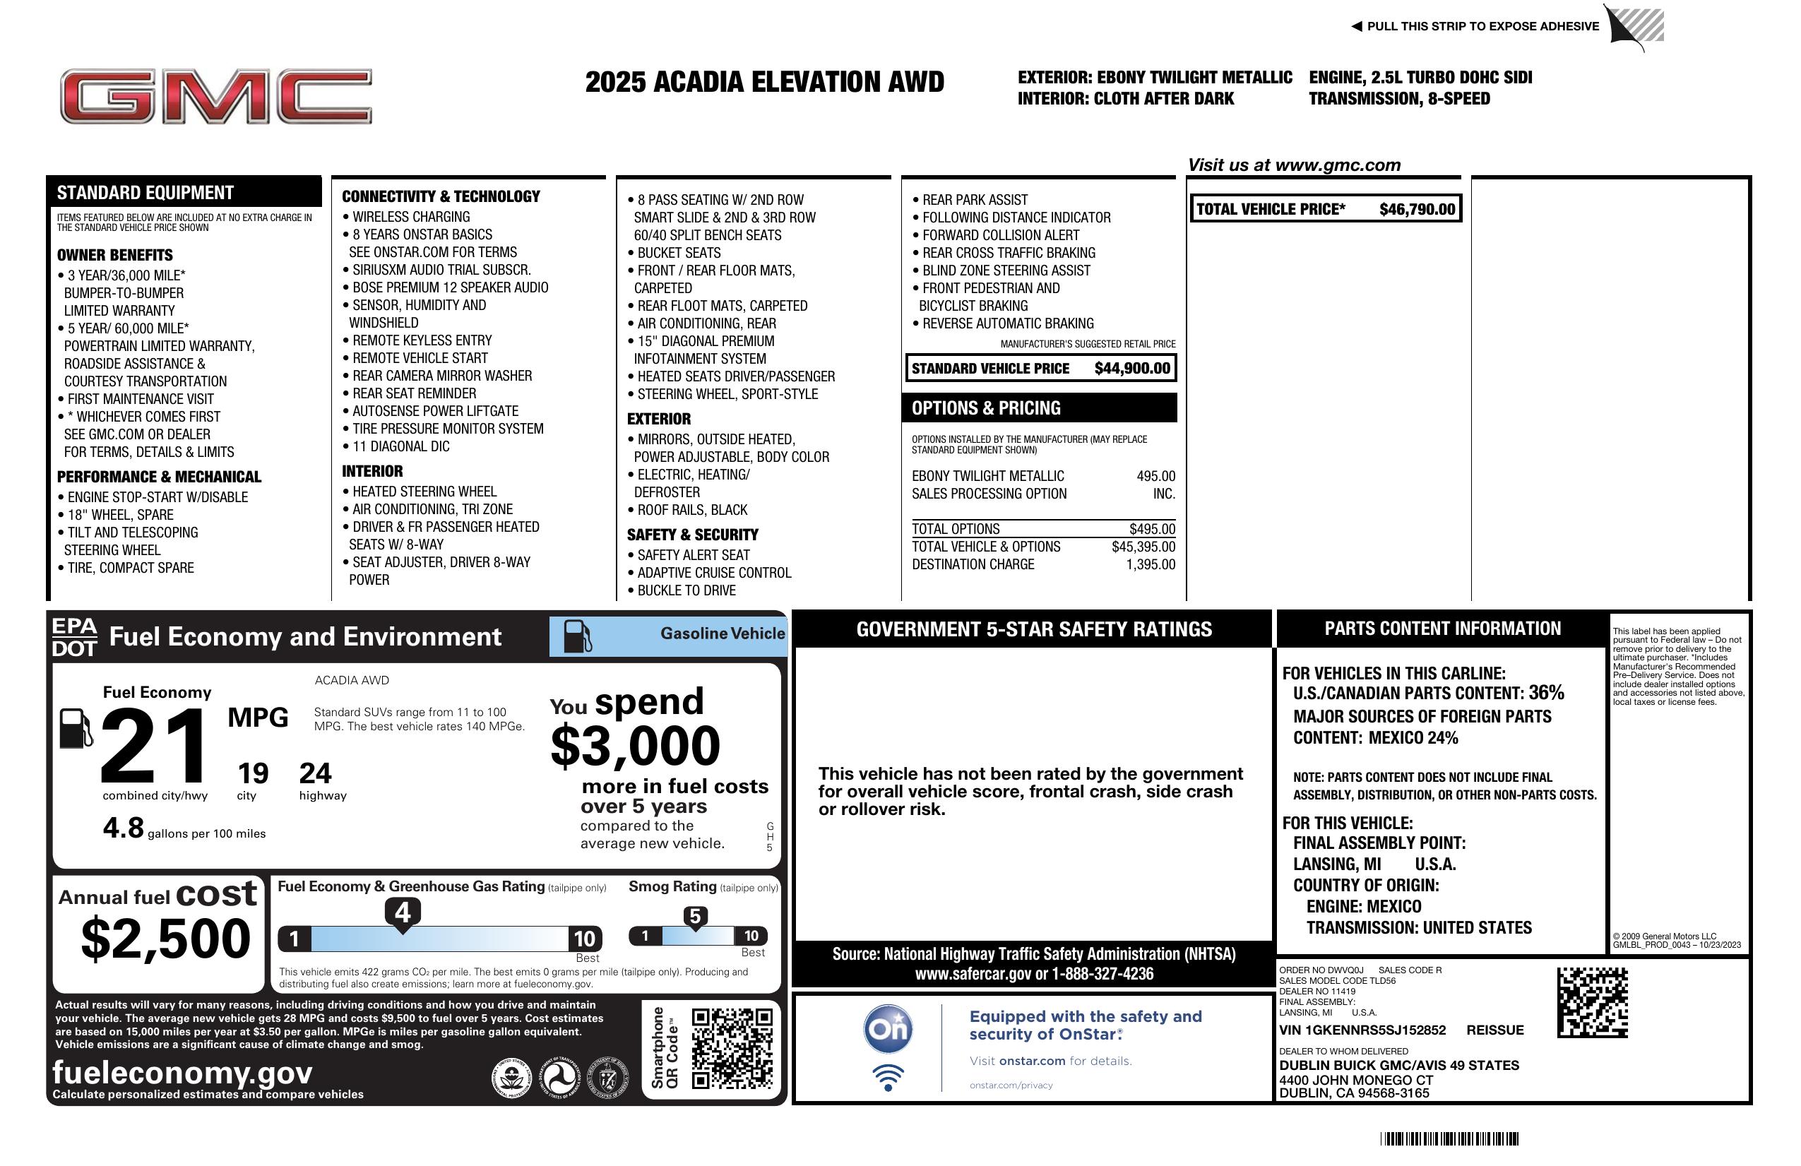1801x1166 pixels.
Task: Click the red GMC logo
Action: pyautogui.click(x=215, y=96)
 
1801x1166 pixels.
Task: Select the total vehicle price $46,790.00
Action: pyautogui.click(x=1417, y=210)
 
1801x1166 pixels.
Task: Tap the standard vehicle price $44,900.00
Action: pyautogui.click(x=1132, y=369)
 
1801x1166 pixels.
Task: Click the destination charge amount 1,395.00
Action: pyautogui.click(x=1151, y=564)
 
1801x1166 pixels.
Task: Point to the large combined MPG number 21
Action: pyautogui.click(x=155, y=746)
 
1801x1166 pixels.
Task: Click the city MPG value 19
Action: pyautogui.click(x=253, y=773)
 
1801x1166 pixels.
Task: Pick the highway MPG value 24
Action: pyautogui.click(x=315, y=773)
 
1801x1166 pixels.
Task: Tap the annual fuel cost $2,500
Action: pyautogui.click(x=166, y=939)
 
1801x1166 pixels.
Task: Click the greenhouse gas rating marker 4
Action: pyautogui.click(x=403, y=912)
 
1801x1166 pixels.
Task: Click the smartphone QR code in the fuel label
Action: pyautogui.click(x=732, y=1048)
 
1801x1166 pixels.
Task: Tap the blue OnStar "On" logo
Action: pyautogui.click(x=888, y=1029)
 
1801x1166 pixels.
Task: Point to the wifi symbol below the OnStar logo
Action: pyautogui.click(x=888, y=1077)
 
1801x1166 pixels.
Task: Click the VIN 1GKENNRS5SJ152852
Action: pyautogui.click(x=1362, y=1030)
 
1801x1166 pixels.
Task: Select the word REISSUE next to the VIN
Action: pyautogui.click(x=1494, y=1030)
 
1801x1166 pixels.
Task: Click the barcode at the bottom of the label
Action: pyautogui.click(x=1449, y=1138)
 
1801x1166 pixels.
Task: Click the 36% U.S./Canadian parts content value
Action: pyautogui.click(x=1545, y=693)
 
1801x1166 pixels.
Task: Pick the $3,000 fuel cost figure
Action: pyautogui.click(x=635, y=746)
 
